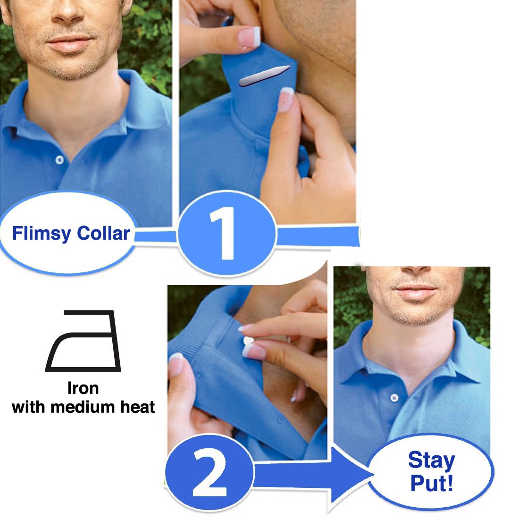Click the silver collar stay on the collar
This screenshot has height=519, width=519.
[x=264, y=75]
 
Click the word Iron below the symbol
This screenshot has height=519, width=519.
[x=83, y=388]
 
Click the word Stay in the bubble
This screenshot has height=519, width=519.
[x=431, y=460]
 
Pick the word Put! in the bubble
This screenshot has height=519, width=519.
[x=431, y=483]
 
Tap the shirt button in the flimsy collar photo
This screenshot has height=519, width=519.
[x=59, y=160]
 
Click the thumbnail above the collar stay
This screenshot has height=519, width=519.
[x=250, y=36]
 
